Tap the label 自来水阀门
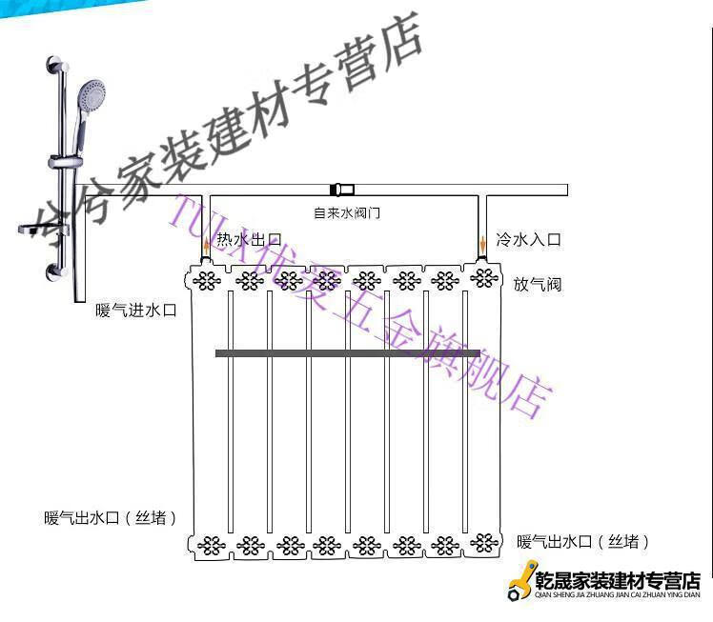347,212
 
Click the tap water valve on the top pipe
341,189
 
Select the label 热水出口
249,240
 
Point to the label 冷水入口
528,240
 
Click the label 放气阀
538,284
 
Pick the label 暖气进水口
136,311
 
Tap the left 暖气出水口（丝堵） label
110,518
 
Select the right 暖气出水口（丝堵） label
583,541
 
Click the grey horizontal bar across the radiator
347,353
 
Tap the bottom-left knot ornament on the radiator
210,546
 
